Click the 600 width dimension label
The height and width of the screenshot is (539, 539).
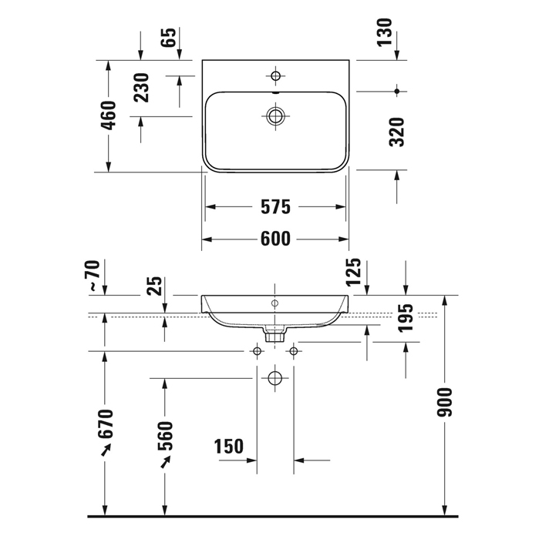275,239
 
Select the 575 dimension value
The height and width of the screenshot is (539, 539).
275,207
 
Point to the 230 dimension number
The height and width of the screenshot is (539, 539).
141,87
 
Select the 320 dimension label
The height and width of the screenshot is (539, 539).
397,132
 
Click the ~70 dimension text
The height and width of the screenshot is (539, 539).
93,276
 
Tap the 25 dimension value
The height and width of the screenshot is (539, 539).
154,286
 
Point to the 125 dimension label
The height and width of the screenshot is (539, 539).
354,273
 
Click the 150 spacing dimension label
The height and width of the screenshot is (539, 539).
228,446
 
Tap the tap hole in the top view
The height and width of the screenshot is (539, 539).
275,75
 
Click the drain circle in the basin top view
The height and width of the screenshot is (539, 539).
275,116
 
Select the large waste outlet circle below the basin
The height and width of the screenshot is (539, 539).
275,379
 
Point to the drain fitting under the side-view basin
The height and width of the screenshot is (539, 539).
275,334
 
